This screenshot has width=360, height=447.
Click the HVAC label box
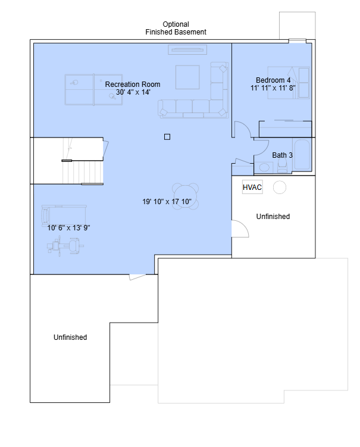pyautogui.click(x=252, y=187)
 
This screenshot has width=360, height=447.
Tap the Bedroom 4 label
pyautogui.click(x=273, y=80)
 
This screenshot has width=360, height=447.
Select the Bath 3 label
pyautogui.click(x=282, y=155)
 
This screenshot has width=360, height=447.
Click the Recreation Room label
pyautogui.click(x=133, y=85)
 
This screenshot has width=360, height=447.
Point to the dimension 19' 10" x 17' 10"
pyautogui.click(x=167, y=202)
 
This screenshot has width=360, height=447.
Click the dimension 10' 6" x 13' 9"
pyautogui.click(x=68, y=228)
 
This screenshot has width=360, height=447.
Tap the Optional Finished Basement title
pyautogui.click(x=176, y=28)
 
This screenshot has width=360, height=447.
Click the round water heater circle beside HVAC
pyautogui.click(x=280, y=187)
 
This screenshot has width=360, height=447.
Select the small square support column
pyautogui.click(x=167, y=137)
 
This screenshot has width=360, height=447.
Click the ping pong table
pyautogui.click(x=94, y=90)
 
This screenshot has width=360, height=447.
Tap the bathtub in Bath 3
pyautogui.click(x=302, y=155)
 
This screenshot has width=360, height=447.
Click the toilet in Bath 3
pyautogui.click(x=282, y=165)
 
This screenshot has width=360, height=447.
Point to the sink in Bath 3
pyautogui.click(x=264, y=167)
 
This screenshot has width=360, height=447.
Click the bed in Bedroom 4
pyautogui.click(x=289, y=83)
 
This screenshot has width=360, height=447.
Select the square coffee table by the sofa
pyautogui.click(x=187, y=77)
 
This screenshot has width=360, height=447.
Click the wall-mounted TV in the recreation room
pyautogui.click(x=187, y=49)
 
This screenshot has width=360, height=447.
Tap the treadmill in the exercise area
pyautogui.click(x=63, y=214)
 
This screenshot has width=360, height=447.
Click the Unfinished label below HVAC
pyautogui.click(x=273, y=217)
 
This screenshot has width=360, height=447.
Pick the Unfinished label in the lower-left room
pyautogui.click(x=70, y=337)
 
